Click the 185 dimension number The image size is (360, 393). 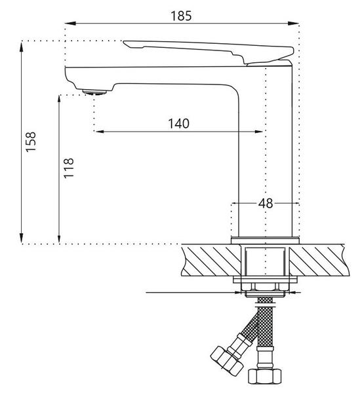point(181,16)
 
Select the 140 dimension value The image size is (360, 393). point(178,124)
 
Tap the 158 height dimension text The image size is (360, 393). point(31,142)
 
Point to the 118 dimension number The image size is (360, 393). point(69,168)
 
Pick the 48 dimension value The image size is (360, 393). point(266,204)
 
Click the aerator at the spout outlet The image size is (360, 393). point(94,92)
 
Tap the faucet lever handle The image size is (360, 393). point(209,52)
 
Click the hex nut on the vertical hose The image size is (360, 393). point(265,376)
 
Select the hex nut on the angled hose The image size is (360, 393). point(227,361)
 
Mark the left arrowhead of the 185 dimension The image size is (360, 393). point(70,24)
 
